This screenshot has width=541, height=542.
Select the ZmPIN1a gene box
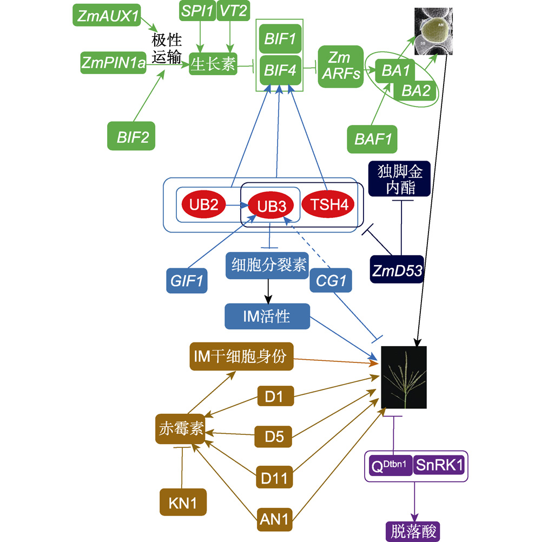click(114, 64)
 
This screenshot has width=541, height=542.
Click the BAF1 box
click(373, 139)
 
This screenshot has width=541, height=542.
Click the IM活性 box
click(267, 316)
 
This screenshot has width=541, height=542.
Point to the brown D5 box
click(274, 435)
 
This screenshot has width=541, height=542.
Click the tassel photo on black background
click(404, 378)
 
